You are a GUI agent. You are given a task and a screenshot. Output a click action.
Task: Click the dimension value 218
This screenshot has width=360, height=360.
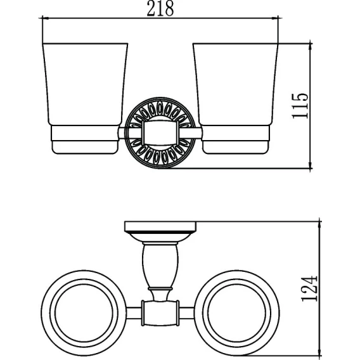click(x=160, y=9)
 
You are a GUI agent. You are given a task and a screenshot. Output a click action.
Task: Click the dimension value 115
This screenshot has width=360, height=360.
click(x=300, y=106)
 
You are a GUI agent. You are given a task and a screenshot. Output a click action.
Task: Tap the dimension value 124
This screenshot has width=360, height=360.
click(x=309, y=288)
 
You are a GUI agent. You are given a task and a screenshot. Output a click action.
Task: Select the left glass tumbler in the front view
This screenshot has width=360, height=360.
click(x=85, y=84)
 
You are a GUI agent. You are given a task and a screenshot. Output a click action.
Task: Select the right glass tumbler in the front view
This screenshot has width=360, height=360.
click(x=235, y=84)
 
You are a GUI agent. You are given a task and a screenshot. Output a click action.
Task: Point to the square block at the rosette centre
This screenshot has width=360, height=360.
click(x=160, y=132)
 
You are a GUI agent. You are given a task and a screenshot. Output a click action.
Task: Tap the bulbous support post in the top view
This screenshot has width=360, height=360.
click(x=160, y=266)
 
